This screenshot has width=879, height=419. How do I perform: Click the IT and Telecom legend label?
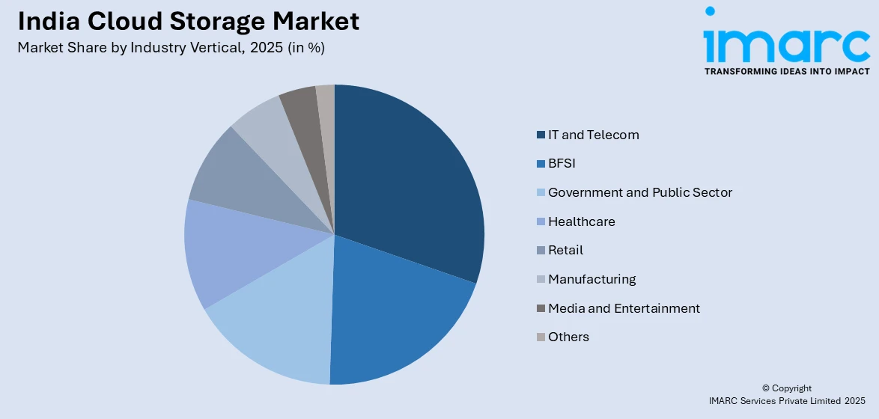[593, 135]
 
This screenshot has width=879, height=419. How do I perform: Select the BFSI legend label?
[562, 164]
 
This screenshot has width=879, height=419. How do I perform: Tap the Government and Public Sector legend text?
[639, 192]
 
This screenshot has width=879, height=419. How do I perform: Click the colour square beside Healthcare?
[541, 222]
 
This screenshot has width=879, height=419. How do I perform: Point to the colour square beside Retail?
[541, 251]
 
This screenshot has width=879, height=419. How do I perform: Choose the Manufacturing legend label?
[591, 279]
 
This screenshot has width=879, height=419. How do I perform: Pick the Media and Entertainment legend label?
[624, 308]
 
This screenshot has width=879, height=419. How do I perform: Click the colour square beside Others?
[541, 337]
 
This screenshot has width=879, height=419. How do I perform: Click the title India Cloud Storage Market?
[189, 21]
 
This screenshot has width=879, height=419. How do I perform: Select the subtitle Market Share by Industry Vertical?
[171, 47]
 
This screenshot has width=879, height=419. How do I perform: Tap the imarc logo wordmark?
[786, 45]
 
